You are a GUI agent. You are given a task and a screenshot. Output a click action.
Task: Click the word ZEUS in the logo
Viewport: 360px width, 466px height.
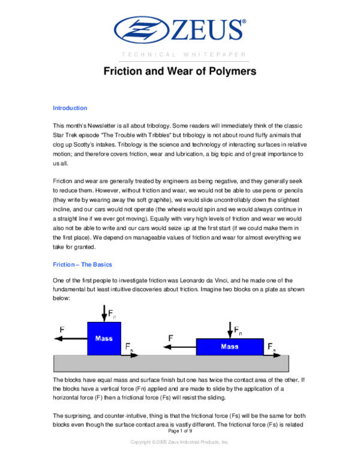tap(207, 30)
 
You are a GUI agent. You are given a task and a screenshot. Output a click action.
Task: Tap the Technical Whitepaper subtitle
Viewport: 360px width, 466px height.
tap(184, 55)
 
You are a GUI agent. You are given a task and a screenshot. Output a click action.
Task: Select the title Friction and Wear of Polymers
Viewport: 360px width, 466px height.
tap(180, 71)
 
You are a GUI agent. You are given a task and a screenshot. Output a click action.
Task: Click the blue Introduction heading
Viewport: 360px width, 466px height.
tap(70, 108)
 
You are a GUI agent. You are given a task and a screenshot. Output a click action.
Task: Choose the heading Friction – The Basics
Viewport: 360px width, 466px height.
tap(82, 264)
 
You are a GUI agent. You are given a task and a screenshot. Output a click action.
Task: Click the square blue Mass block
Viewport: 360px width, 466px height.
tap(104, 339)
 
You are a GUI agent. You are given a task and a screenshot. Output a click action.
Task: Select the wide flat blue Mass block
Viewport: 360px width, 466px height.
tap(230, 347)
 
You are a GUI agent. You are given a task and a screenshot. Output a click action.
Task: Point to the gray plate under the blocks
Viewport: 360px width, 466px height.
tap(171, 363)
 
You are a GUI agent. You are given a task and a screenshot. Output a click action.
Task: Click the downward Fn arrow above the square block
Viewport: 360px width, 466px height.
tap(104, 313)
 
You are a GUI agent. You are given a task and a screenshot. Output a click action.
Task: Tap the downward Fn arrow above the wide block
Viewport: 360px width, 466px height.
tap(230, 330)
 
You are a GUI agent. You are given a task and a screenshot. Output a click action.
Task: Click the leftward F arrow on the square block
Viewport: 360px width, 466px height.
tap(71, 339)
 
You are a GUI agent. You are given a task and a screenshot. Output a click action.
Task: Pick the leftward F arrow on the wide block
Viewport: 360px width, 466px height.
tap(180, 347)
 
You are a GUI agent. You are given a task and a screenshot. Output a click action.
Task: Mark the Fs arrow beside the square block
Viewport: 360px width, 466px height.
tap(130, 355)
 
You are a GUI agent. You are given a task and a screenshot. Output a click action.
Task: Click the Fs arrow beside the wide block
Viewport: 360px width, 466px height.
tap(272, 355)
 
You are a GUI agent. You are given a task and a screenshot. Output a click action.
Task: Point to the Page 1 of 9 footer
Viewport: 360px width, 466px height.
tap(180, 431)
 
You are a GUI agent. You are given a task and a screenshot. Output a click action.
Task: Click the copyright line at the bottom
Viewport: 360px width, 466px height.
tap(179, 442)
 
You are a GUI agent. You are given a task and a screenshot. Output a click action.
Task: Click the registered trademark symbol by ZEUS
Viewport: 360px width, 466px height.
tap(244, 22)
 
